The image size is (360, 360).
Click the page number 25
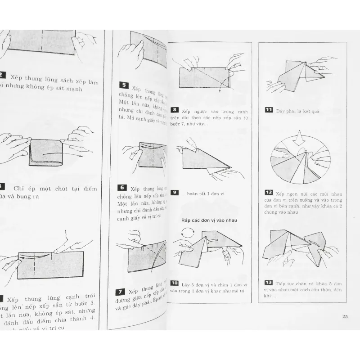(345, 317)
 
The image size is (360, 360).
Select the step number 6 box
(122, 188)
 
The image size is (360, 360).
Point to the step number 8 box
(175, 109)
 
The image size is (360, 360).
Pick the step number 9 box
(175, 193)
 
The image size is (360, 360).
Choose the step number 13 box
(268, 282)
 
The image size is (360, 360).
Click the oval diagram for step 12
(299, 165)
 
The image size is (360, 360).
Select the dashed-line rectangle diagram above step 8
(205, 77)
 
